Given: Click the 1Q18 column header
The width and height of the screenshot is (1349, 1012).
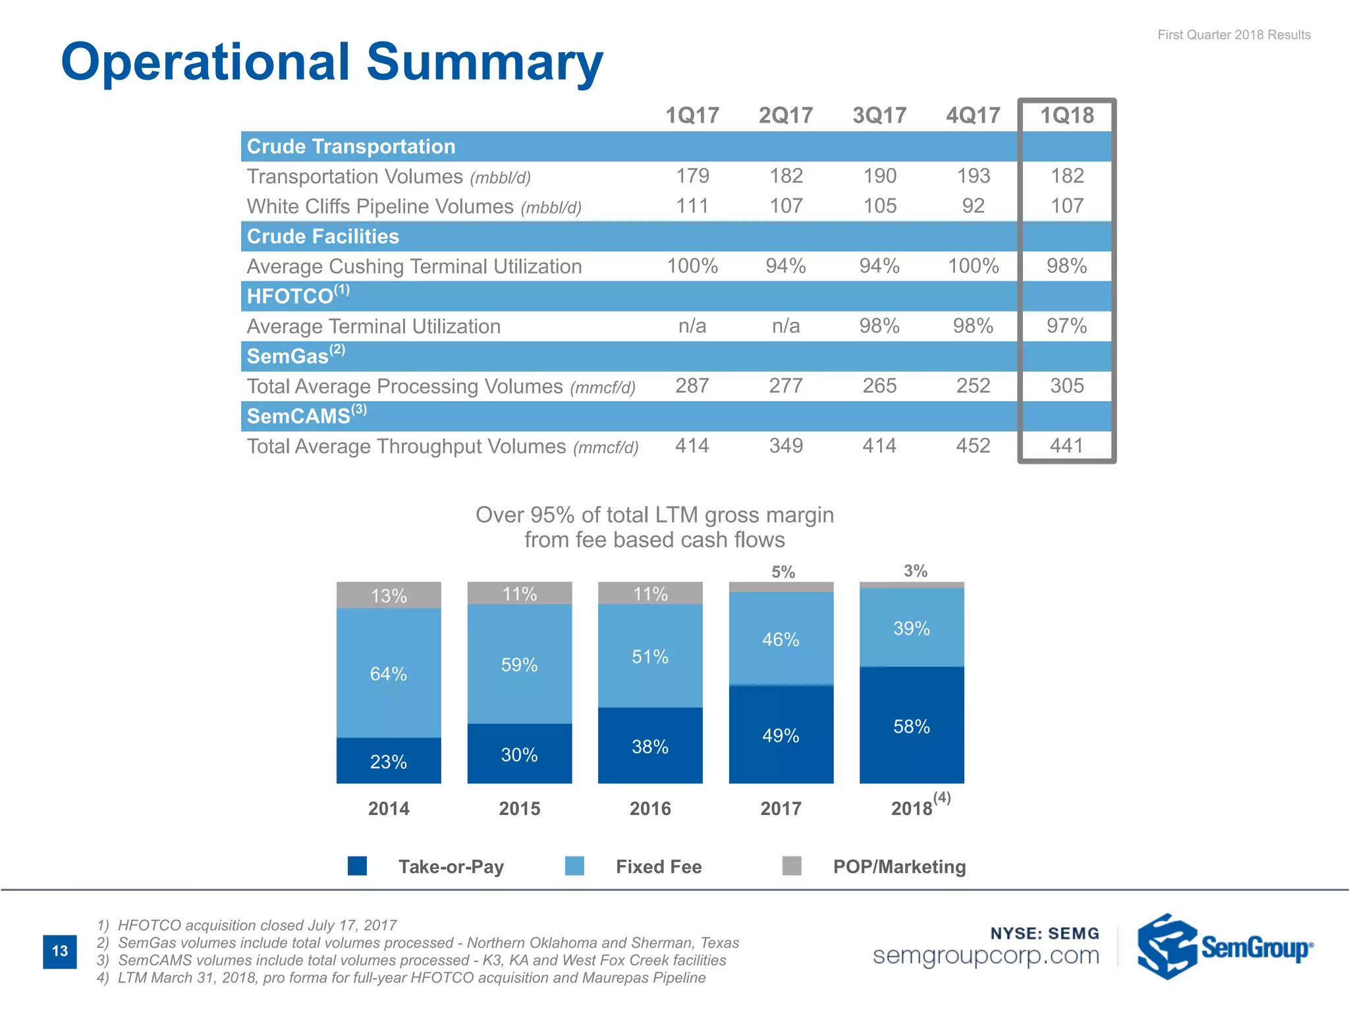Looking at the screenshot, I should click(1066, 115).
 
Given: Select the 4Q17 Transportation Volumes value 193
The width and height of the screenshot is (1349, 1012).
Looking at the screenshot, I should click(973, 176).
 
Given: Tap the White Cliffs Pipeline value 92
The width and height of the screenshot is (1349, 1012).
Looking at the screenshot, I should click(973, 206).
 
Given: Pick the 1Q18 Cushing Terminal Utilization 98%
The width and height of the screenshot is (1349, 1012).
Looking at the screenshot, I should click(1066, 266).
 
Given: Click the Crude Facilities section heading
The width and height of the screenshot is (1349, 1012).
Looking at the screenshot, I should click(323, 236).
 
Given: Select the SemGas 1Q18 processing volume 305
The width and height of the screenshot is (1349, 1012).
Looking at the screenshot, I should click(1066, 385).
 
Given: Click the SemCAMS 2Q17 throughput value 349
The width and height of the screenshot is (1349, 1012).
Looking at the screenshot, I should click(786, 445).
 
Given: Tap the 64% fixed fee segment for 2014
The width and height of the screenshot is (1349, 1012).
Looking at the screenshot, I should click(389, 673).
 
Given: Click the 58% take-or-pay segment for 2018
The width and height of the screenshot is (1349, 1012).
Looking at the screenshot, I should click(912, 726).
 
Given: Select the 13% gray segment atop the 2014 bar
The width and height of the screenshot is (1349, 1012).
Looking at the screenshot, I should click(389, 596).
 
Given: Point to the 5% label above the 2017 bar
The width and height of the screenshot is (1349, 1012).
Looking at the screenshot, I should click(783, 572).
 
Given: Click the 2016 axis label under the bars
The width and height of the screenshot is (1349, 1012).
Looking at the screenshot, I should click(650, 808).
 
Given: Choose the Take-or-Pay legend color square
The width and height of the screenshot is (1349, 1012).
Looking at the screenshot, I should click(357, 866).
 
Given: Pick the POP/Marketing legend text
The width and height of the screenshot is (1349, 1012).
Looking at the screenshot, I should click(899, 866).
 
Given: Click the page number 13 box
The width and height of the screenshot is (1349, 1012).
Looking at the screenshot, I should click(60, 951).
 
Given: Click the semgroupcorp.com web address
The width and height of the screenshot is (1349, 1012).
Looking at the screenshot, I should click(986, 955).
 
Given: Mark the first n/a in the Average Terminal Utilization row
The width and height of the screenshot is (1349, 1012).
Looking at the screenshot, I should click(692, 325).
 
